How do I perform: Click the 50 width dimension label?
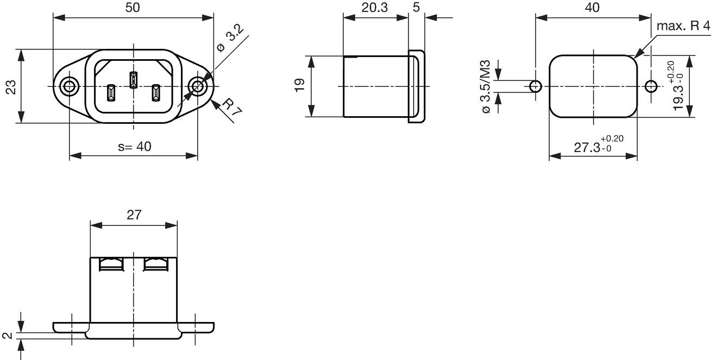click(x=133, y=8)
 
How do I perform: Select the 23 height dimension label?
click(x=11, y=87)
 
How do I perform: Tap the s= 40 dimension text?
click(x=135, y=147)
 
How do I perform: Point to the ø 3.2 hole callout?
click(x=230, y=39)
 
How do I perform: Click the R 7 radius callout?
click(x=231, y=107)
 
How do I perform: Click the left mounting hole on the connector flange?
click(x=69, y=86)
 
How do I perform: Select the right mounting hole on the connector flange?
click(x=197, y=86)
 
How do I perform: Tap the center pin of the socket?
click(x=133, y=80)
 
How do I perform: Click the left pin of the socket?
click(x=111, y=93)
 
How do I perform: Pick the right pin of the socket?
click(x=155, y=93)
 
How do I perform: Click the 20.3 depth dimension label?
click(x=375, y=8)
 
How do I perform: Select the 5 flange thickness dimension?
click(x=416, y=8)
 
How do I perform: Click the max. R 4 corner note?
click(x=683, y=26)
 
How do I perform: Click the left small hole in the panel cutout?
click(x=536, y=86)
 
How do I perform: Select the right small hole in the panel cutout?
click(x=651, y=86)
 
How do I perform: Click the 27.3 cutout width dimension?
click(x=599, y=144)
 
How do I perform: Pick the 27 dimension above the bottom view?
click(x=134, y=215)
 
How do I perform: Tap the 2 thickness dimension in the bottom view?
click(x=8, y=336)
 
